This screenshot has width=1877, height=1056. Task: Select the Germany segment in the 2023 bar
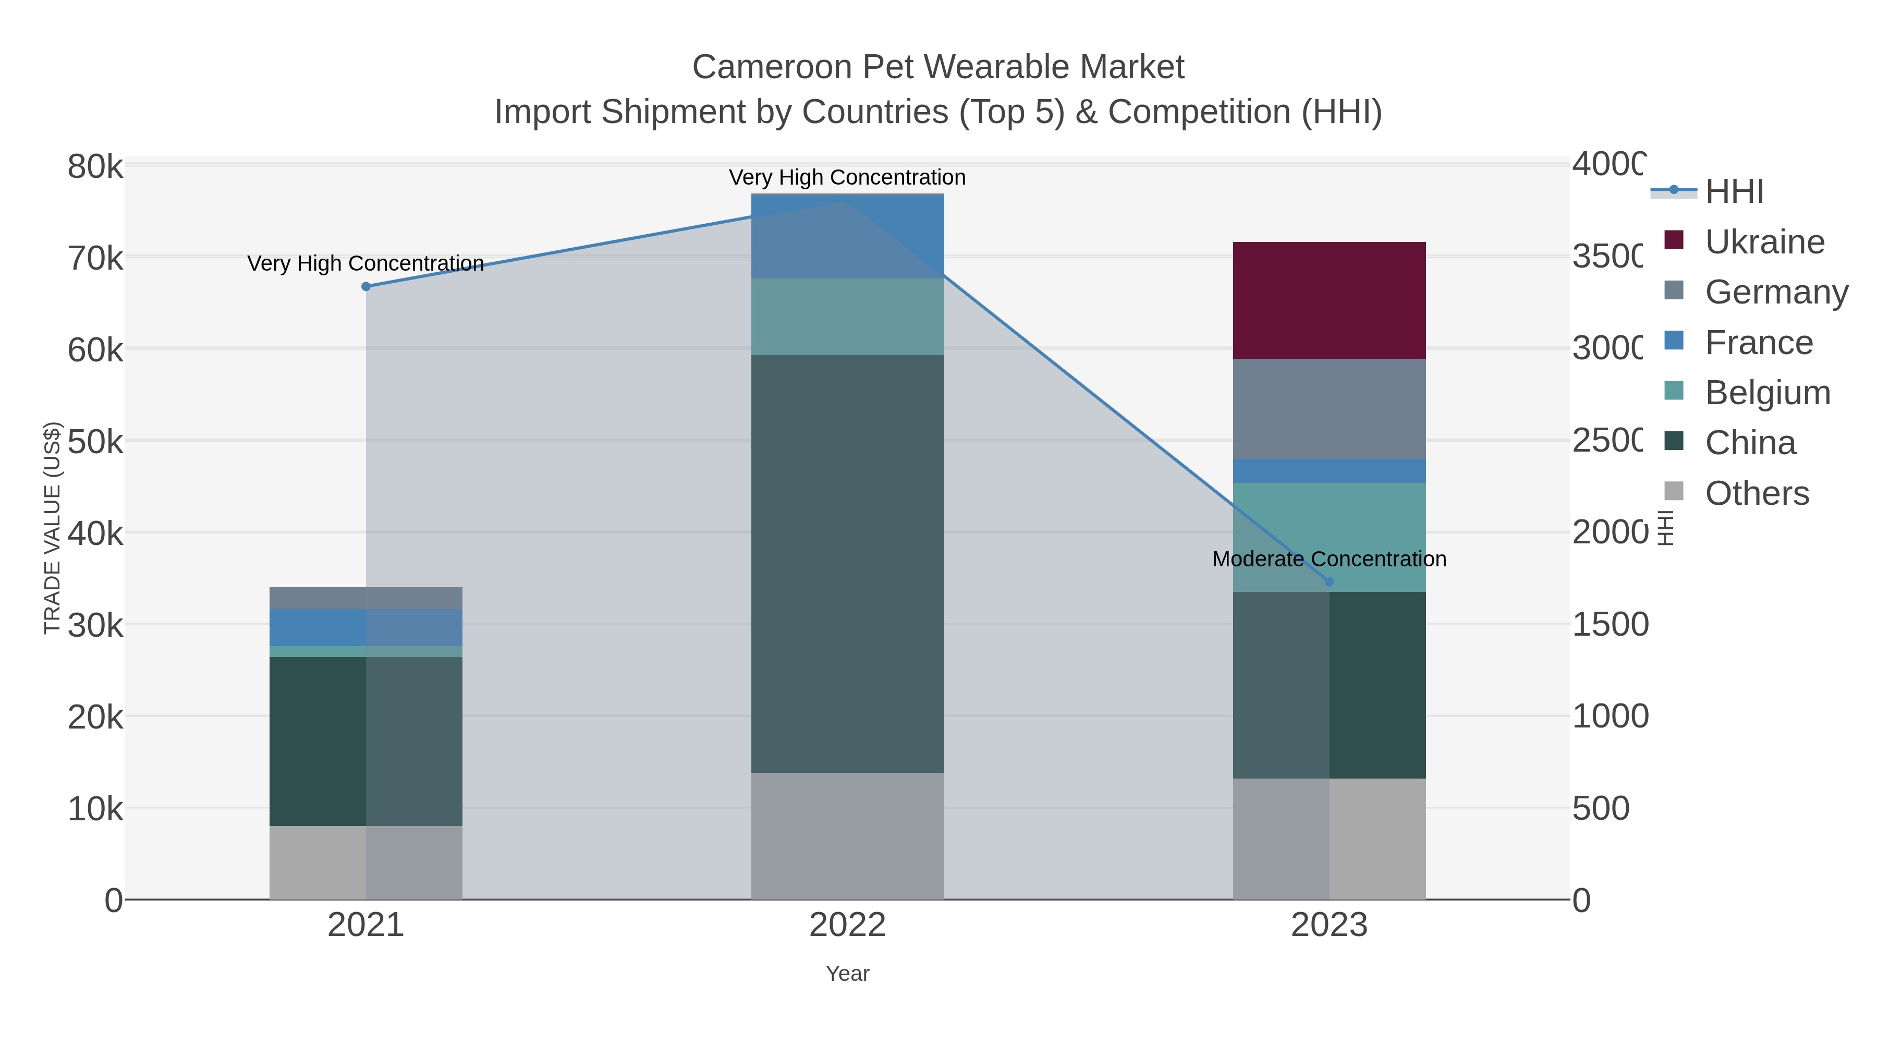click(1328, 408)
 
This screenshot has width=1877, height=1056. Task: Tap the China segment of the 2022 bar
click(847, 563)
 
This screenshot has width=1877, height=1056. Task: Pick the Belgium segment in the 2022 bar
click(847, 317)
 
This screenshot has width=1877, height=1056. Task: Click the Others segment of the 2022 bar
click(847, 835)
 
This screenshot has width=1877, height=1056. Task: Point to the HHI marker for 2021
click(366, 286)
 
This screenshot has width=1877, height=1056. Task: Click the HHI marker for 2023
click(1329, 581)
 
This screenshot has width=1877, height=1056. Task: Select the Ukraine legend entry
click(1764, 241)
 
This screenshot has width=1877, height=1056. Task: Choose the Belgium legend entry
click(1767, 392)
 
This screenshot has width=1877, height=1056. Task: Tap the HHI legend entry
click(1734, 191)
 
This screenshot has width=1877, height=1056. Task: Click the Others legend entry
click(1757, 493)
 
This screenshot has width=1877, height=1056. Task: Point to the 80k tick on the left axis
click(95, 167)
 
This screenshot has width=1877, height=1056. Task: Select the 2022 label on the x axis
click(847, 925)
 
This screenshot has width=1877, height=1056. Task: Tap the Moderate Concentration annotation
click(1328, 559)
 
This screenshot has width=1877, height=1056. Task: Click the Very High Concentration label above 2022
click(847, 177)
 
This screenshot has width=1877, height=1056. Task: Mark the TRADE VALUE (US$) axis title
click(53, 528)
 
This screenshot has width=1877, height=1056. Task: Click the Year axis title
click(847, 973)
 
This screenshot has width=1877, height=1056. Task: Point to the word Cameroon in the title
click(772, 67)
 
